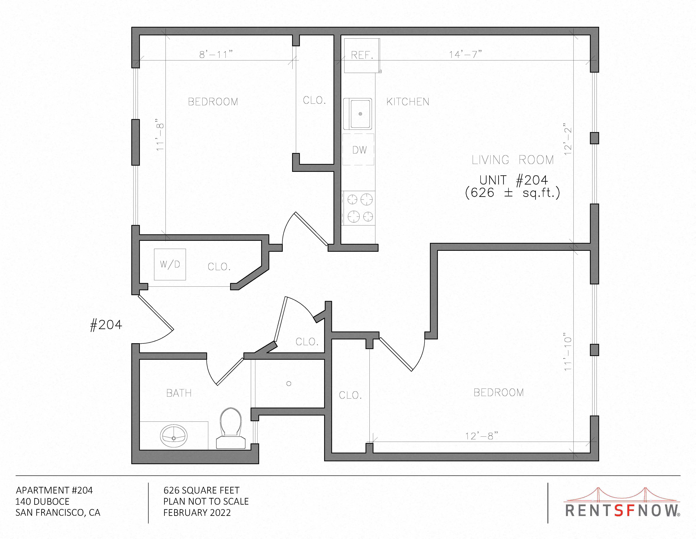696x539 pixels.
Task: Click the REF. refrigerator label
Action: click(362, 55)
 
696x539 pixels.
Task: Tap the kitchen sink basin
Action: click(358, 114)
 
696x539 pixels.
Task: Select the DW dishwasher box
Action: click(358, 149)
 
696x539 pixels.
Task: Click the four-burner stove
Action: click(358, 208)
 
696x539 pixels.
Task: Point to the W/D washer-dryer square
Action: click(170, 264)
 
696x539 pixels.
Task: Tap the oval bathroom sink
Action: click(174, 435)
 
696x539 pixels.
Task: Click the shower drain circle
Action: click(289, 383)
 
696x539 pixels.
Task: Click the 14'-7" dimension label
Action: click(465, 55)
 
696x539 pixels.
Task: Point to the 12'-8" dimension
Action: click(481, 436)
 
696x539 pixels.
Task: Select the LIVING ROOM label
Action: click(513, 160)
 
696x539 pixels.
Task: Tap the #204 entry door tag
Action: click(106, 325)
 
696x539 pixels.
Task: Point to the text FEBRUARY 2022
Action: click(197, 513)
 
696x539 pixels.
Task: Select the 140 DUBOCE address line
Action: click(42, 501)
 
